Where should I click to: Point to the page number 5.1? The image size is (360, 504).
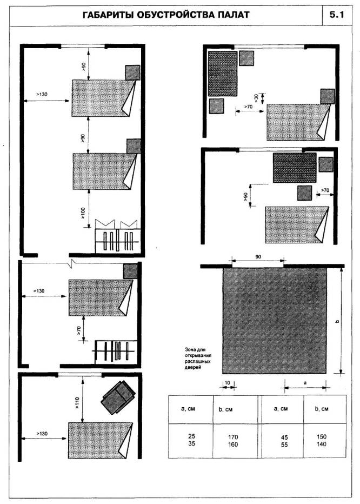tap(337, 15)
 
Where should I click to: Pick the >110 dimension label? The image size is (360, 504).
tap(77, 402)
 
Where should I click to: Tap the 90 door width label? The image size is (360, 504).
tap(258, 257)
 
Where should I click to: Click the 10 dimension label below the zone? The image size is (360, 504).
tap(227, 383)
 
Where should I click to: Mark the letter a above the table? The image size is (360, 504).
tap(305, 383)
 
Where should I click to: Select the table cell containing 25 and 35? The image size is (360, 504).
tap(191, 440)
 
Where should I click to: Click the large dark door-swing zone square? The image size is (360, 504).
tap(275, 321)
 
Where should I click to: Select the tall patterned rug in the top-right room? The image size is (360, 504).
tap(222, 74)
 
